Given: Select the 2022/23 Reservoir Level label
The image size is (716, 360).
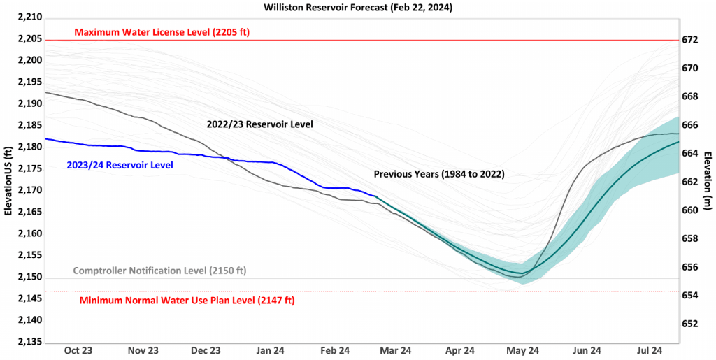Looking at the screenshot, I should [x=259, y=124].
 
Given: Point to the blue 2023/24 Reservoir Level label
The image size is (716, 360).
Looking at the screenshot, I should [x=120, y=165].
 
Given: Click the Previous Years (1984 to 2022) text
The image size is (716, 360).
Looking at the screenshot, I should [x=439, y=173].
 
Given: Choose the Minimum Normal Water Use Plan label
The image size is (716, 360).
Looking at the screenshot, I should [x=187, y=301].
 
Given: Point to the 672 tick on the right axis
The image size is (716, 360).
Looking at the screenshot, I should [x=689, y=40].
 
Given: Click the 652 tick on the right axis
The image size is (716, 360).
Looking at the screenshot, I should [x=689, y=324].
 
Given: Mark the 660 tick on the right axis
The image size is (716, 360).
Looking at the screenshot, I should [x=689, y=210].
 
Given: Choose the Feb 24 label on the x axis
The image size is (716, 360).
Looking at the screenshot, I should [x=335, y=351].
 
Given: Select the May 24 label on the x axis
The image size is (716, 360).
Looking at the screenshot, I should [x=523, y=351].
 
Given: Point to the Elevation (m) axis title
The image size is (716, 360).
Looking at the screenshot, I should [x=708, y=181].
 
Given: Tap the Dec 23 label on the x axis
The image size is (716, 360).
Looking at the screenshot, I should [x=205, y=351].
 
